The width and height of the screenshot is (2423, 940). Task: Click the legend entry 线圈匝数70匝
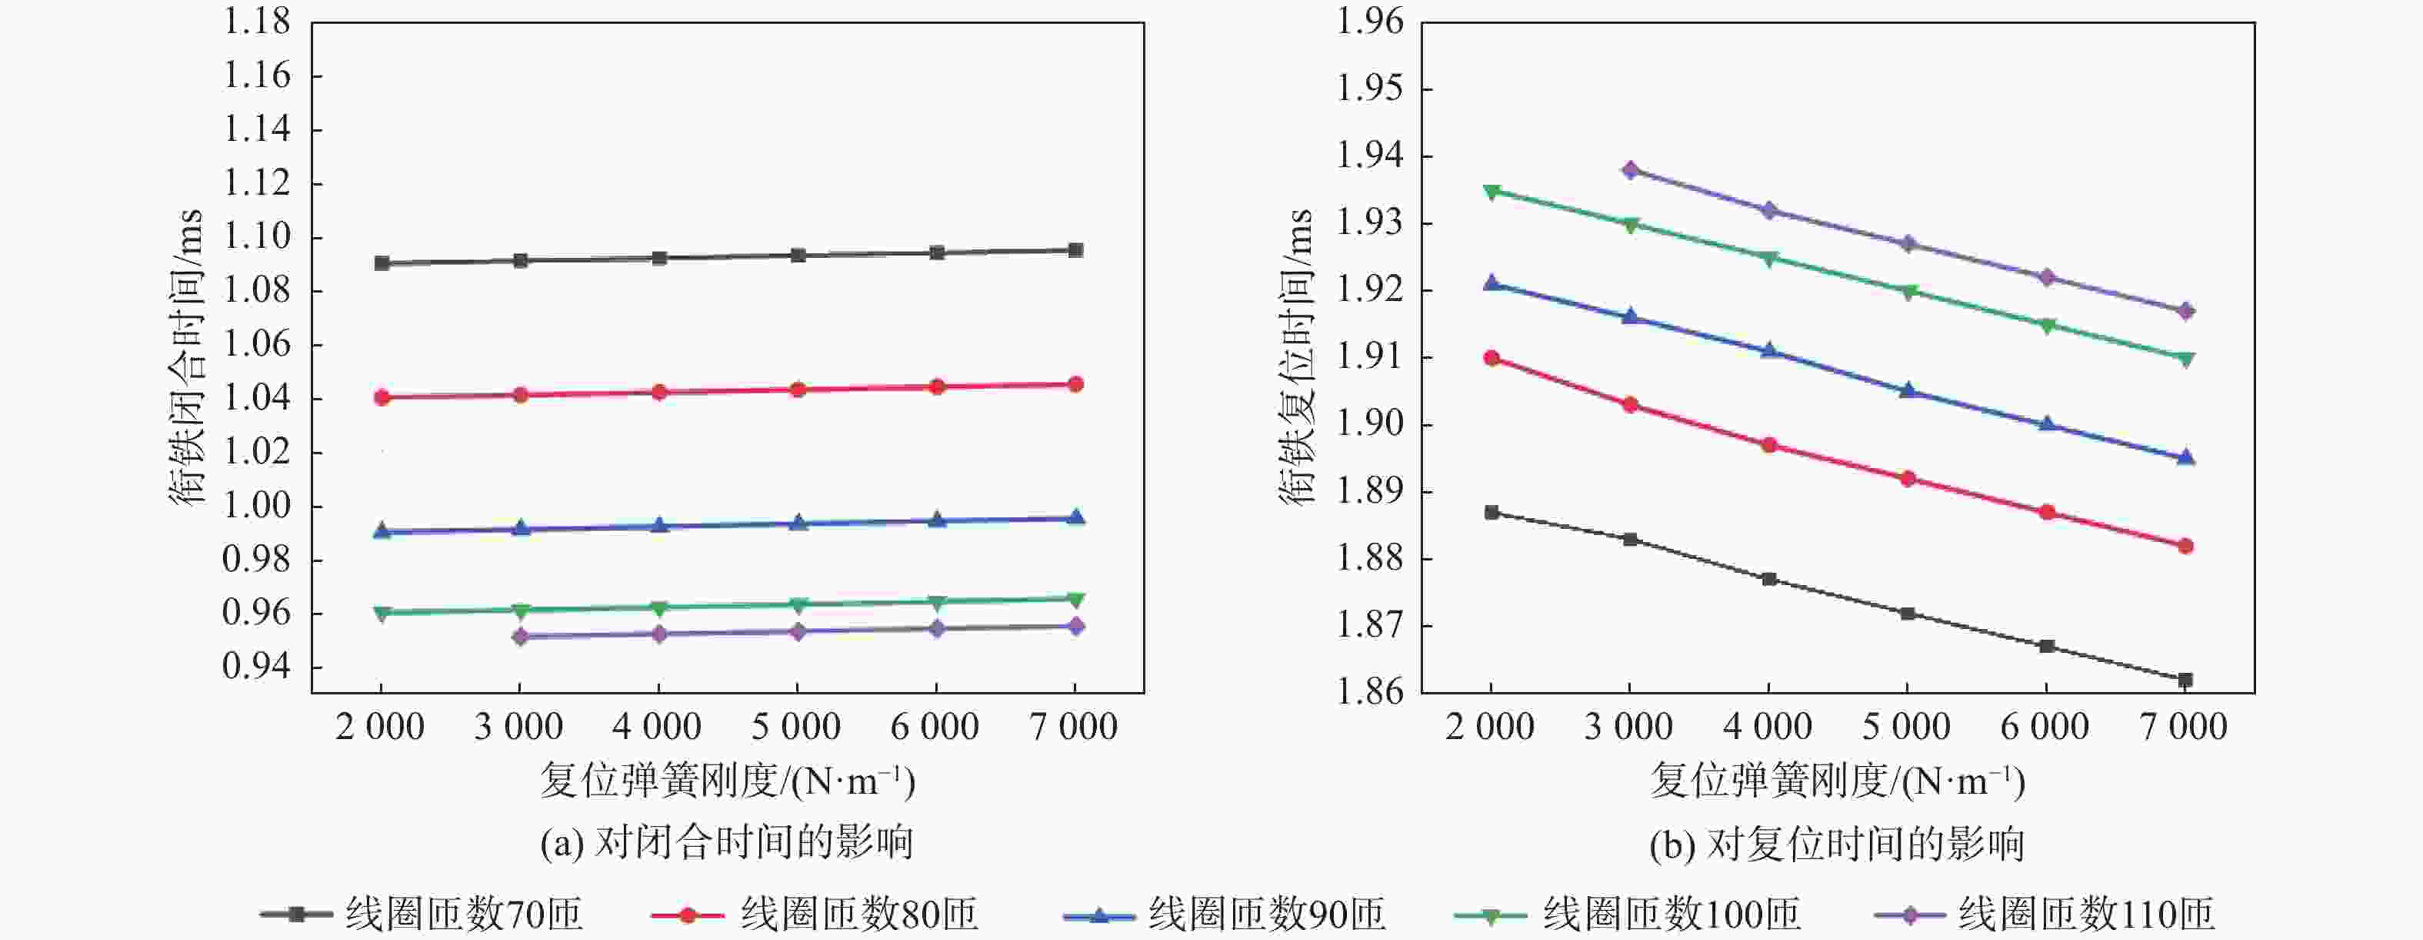click(x=422, y=914)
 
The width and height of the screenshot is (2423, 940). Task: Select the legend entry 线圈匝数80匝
click(x=815, y=914)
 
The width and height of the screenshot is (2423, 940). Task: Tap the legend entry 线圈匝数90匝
click(x=1224, y=914)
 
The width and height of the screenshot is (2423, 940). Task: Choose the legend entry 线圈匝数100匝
click(x=1627, y=914)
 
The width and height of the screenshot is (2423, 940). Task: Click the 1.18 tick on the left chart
click(x=257, y=22)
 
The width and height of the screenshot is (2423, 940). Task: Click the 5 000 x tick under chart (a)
click(x=796, y=727)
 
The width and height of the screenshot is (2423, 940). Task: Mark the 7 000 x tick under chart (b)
click(x=2184, y=727)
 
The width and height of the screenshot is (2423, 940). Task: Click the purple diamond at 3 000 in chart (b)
click(x=1630, y=170)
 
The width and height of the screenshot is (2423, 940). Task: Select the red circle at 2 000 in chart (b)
click(x=1491, y=357)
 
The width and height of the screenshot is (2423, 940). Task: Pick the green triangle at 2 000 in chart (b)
click(x=1491, y=192)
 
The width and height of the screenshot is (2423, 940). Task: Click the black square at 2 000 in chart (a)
click(x=381, y=263)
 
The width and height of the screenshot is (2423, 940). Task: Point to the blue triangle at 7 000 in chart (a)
click(x=1075, y=517)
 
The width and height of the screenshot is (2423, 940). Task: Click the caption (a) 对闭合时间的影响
click(x=726, y=842)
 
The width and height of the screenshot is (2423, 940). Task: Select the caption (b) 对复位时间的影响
click(x=1836, y=844)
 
